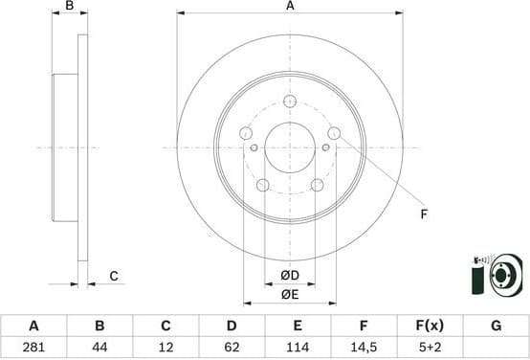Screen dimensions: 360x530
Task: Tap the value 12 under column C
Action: [166, 346]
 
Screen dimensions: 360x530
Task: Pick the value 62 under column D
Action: [232, 346]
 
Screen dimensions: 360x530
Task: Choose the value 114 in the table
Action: [298, 346]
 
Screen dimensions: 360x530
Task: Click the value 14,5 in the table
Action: [364, 346]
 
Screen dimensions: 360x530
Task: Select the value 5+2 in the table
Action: [430, 346]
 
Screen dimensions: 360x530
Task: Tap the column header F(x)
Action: [430, 326]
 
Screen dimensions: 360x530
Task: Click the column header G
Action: [496, 326]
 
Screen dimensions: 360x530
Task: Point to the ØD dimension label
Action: [290, 277]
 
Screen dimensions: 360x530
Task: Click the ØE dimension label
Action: [290, 294]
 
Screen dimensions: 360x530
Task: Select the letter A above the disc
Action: [290, 7]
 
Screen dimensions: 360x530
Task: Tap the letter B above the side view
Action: [69, 7]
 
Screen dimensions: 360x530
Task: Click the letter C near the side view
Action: [113, 277]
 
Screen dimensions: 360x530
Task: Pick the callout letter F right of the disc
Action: [423, 214]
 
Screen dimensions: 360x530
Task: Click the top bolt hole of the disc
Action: [290, 100]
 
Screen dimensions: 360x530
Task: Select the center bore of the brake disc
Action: [290, 147]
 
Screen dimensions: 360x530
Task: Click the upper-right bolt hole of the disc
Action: [334, 133]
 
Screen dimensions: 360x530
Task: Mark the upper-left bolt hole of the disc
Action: [246, 133]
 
